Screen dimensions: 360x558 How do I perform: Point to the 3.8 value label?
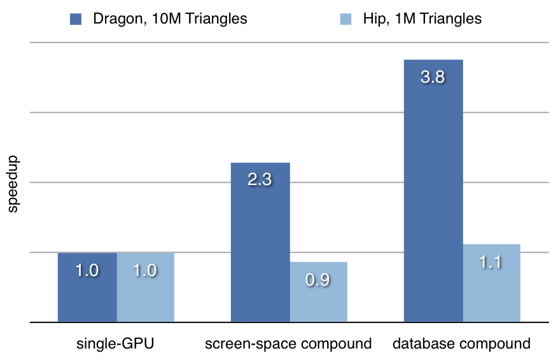(x=433, y=77)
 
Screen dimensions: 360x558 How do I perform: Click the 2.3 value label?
(x=260, y=180)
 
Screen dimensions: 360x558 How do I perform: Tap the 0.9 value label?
(x=317, y=280)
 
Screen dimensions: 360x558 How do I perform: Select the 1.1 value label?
(x=491, y=261)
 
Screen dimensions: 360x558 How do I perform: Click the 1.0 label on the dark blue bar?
(x=87, y=270)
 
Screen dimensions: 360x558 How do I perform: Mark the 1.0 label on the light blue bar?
(x=145, y=270)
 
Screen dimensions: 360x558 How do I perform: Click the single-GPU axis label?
(x=115, y=344)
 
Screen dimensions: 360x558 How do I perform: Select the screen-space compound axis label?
(x=288, y=344)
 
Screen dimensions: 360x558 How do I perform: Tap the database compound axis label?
(x=461, y=344)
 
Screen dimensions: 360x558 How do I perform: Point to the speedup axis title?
(x=14, y=184)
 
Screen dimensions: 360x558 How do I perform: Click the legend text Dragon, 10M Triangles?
(x=170, y=19)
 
